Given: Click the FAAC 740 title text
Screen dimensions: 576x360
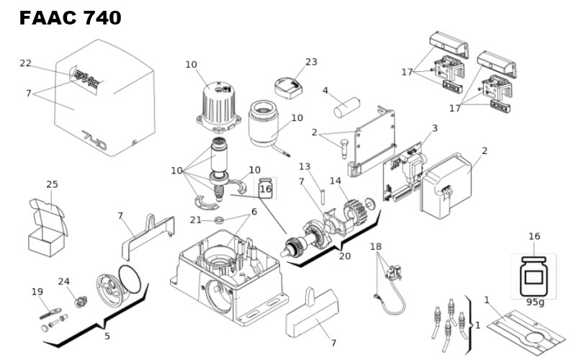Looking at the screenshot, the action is tap(70, 17).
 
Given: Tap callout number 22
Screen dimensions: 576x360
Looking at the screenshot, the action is tap(25, 63).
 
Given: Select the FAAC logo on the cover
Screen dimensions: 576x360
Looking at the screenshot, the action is tap(86, 80).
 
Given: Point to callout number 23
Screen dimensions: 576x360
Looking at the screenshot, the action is tap(311, 62).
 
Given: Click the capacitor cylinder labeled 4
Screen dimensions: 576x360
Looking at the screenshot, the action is tap(347, 107).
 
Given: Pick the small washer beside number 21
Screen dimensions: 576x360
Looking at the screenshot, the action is tap(219, 220).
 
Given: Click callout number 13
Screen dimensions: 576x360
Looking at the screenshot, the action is tap(305, 167).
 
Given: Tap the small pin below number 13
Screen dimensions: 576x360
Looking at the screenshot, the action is tap(323, 196).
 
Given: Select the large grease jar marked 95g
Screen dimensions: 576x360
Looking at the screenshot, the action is tap(534, 276).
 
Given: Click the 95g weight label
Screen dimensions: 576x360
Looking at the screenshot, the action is tap(535, 302).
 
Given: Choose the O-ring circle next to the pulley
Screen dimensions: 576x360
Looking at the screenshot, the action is tap(130, 279).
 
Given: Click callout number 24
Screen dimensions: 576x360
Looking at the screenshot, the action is tap(63, 282).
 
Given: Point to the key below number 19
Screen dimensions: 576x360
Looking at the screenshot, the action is tap(50, 313).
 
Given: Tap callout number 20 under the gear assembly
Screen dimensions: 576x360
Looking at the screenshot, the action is tap(345, 256).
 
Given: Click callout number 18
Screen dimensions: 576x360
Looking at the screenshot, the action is tap(376, 246).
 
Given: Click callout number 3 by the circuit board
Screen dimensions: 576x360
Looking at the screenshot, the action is tap(435, 128).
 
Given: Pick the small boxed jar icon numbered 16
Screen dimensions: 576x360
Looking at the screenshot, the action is tap(265, 188).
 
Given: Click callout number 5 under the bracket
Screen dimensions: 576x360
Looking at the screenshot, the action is tap(107, 336).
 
